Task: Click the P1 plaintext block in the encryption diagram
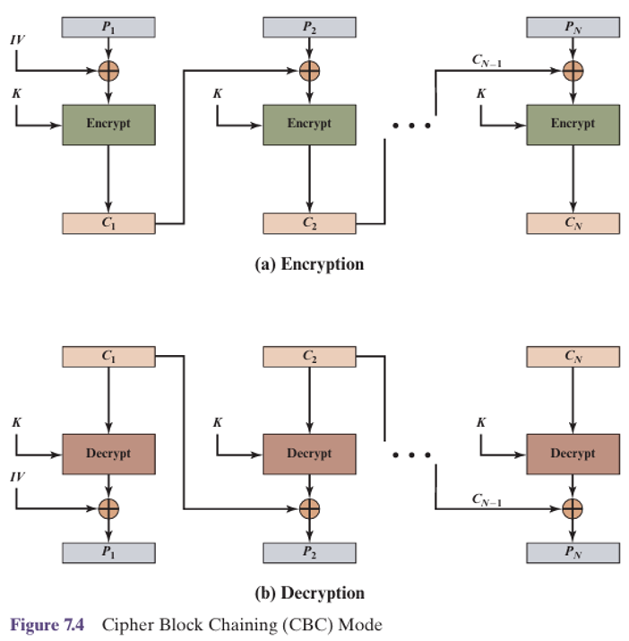click(x=108, y=27)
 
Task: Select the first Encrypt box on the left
click(x=108, y=124)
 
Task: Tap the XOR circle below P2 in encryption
click(x=308, y=70)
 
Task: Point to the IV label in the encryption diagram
click(x=18, y=40)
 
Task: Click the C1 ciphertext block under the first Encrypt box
click(x=108, y=223)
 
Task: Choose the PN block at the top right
click(x=573, y=27)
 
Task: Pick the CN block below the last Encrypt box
click(x=573, y=223)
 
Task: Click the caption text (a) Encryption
click(x=308, y=264)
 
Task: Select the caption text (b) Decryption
click(x=308, y=593)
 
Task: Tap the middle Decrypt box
click(x=308, y=454)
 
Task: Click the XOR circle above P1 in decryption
click(x=108, y=508)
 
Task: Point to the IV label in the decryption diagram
click(x=18, y=478)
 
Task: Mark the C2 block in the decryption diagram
click(x=308, y=356)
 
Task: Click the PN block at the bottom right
click(x=573, y=552)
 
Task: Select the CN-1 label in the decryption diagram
click(x=487, y=499)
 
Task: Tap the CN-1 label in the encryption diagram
click(x=487, y=61)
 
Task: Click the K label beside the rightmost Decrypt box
click(x=482, y=421)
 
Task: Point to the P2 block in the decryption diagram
click(x=308, y=552)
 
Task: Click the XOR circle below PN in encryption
click(x=573, y=70)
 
